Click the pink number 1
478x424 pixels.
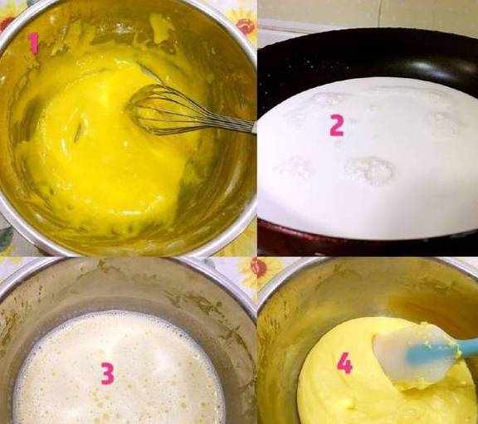pyautogui.click(x=34, y=43)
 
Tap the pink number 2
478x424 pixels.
pyautogui.click(x=337, y=125)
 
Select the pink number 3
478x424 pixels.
pyautogui.click(x=108, y=373)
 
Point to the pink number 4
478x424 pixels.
pyautogui.click(x=344, y=363)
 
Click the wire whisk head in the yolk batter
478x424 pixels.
pyautogui.click(x=162, y=110)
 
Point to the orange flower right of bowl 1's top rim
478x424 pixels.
pyautogui.click(x=246, y=26)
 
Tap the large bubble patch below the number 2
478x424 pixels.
pyautogui.click(x=370, y=171)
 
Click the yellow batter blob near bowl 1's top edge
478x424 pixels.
pyautogui.click(x=159, y=28)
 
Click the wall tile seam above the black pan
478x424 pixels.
pyautogui.click(x=378, y=12)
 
